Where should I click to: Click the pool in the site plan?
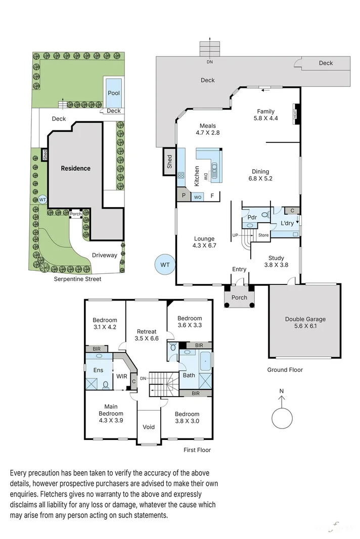[114, 92]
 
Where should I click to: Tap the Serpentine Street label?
[77, 279]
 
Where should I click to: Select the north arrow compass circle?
[282, 417]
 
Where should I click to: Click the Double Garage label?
[305, 319]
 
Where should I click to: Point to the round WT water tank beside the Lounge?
[165, 265]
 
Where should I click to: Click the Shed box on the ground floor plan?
[169, 162]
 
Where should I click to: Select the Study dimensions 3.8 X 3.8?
[276, 264]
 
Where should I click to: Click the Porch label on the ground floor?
[239, 298]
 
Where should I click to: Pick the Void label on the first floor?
[149, 427]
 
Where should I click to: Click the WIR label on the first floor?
[122, 376]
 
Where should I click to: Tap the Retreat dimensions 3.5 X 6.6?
[147, 339]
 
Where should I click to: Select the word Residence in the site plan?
[76, 168]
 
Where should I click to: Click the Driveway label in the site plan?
[104, 255]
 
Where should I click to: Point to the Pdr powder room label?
[251, 217]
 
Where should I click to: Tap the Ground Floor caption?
[285, 370]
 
